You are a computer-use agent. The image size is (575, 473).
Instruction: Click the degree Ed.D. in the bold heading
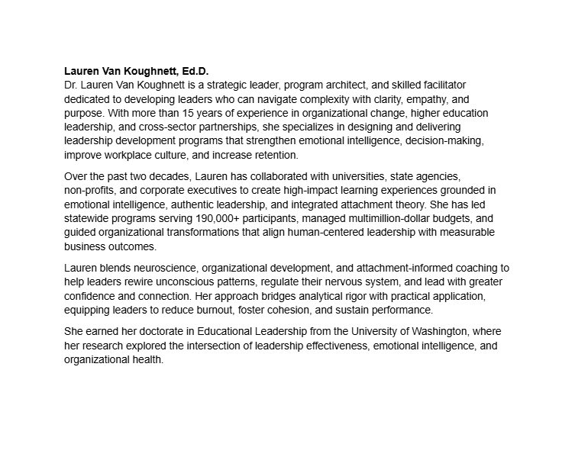point(192,71)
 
